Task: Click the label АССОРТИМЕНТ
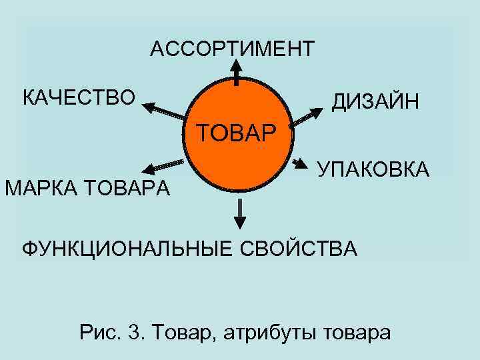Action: pyautogui.click(x=232, y=49)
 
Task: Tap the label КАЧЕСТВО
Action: pyautogui.click(x=79, y=97)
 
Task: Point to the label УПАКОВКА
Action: pyautogui.click(x=373, y=170)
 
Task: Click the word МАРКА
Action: pyautogui.click(x=41, y=188)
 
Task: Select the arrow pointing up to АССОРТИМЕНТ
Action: pyautogui.click(x=237, y=72)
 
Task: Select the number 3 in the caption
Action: pyautogui.click(x=134, y=331)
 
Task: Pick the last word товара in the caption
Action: pyautogui.click(x=357, y=331)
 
